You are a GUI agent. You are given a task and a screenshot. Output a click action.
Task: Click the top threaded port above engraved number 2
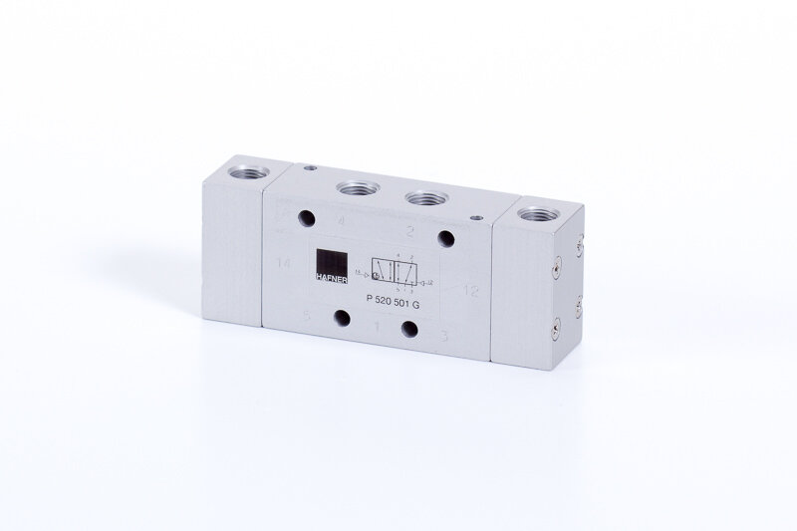[423, 196]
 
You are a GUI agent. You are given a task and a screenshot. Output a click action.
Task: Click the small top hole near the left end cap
[310, 169]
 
